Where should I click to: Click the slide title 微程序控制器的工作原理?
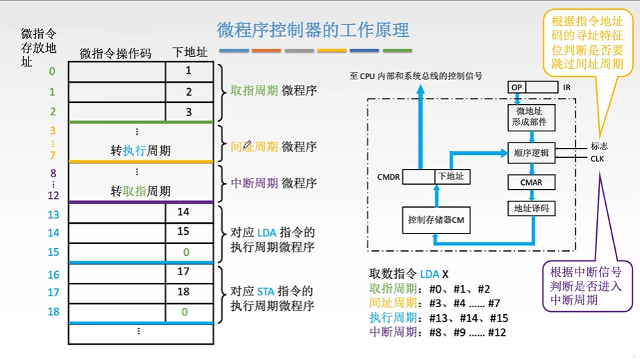pyautogui.click(x=313, y=29)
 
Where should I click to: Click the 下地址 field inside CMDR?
pyautogui.click(x=450, y=177)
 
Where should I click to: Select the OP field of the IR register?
pyautogui.click(x=517, y=87)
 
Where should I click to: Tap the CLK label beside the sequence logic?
pyautogui.click(x=598, y=158)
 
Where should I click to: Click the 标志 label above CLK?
pyautogui.click(x=599, y=146)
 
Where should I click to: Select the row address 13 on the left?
pyautogui.click(x=54, y=215)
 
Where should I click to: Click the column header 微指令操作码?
pyautogui.click(x=115, y=53)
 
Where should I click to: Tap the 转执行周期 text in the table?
pyautogui.click(x=140, y=151)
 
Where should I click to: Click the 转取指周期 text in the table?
pyautogui.click(x=140, y=191)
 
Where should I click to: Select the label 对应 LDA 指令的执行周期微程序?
pyautogui.click(x=272, y=240)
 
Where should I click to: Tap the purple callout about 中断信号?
pyautogui.click(x=581, y=286)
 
